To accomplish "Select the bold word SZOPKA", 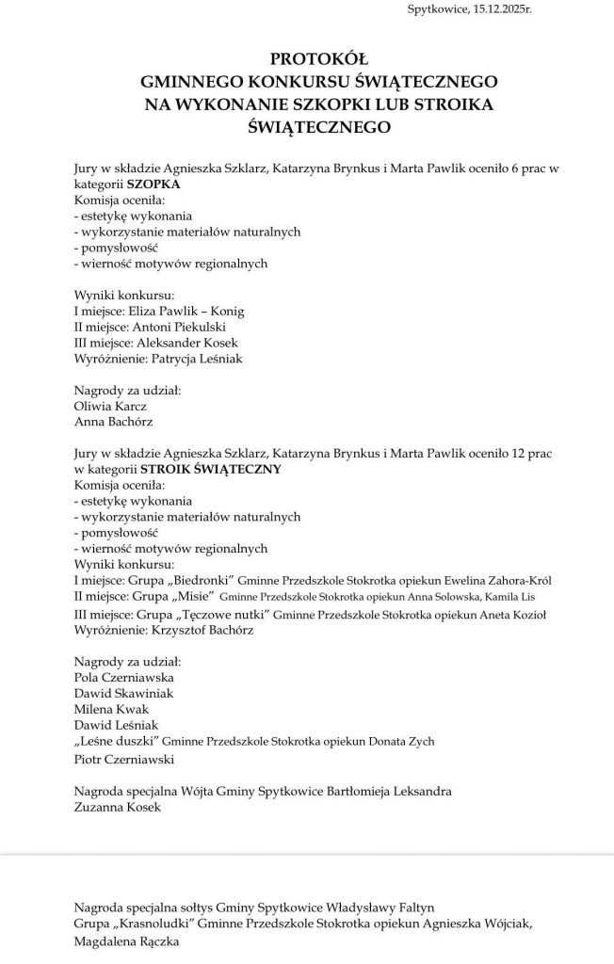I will tap(153, 185).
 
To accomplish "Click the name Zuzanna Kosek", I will tap(118, 807).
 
